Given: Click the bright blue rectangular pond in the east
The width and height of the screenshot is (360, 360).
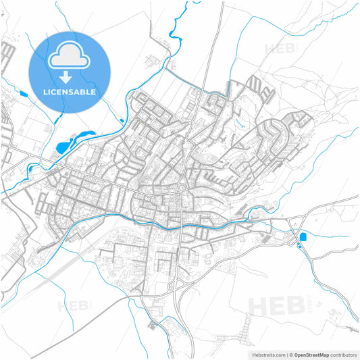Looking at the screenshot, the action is tap(302, 236).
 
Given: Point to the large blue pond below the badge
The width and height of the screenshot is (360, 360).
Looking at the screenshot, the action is tap(63, 146).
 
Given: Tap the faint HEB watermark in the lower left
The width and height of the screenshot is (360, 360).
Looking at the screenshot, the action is tap(75, 306).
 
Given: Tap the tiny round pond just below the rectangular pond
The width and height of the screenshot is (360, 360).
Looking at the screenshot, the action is tap(297, 244).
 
